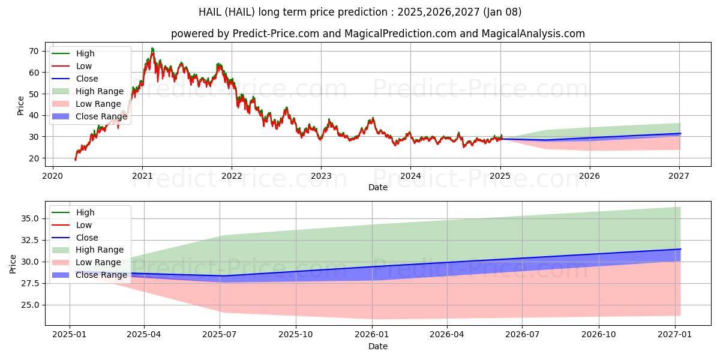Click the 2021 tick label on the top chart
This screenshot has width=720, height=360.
tap(142, 176)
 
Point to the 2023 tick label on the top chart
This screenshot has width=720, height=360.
tap(321, 176)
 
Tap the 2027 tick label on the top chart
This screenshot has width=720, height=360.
tap(679, 176)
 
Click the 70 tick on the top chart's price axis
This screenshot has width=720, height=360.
tap(34, 51)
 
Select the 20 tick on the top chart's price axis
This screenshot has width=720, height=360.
tap(34, 158)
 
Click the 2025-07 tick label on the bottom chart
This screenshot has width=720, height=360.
tap(220, 335)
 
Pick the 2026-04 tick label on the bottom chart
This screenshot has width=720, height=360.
tap(447, 335)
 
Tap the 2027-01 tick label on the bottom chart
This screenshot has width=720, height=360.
tap(675, 335)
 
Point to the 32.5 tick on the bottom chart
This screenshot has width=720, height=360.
tap(30, 240)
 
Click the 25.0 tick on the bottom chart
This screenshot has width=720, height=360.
tap(30, 305)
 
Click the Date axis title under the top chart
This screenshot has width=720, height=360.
tap(378, 187)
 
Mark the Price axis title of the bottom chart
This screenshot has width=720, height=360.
tap(13, 264)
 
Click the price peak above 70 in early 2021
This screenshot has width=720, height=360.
tap(152, 48)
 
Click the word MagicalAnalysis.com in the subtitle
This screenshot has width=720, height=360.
tap(533, 34)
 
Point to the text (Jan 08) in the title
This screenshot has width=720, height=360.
tap(502, 12)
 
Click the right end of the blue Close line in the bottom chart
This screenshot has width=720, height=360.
tap(680, 249)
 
